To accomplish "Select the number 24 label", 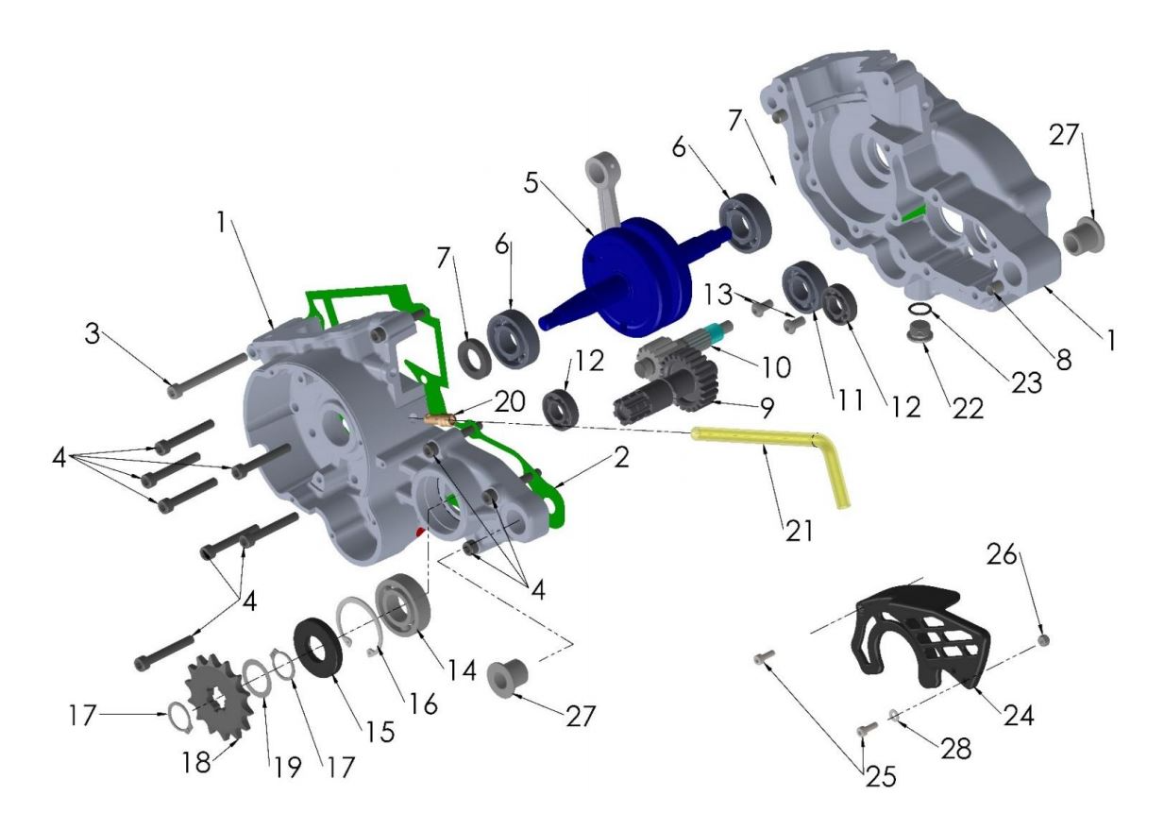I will pyautogui.click(x=1019, y=715).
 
